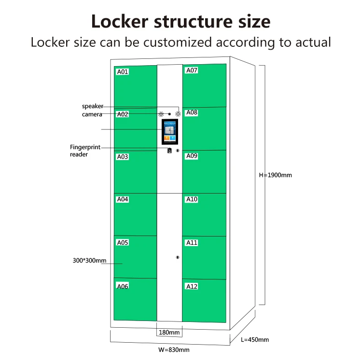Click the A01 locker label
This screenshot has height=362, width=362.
pyautogui.click(x=123, y=72)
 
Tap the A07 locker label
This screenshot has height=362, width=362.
pyautogui.click(x=192, y=70)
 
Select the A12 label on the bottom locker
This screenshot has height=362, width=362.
pyautogui.click(x=192, y=286)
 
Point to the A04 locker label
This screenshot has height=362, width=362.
pyautogui.click(x=123, y=199)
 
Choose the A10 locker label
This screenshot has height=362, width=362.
pyautogui.click(x=192, y=199)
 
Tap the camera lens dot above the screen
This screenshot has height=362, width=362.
pyautogui.click(x=169, y=114)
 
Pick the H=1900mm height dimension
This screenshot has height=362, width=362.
pyautogui.click(x=276, y=175)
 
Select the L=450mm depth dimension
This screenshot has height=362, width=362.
pyautogui.click(x=254, y=339)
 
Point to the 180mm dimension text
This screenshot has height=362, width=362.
pyautogui.click(x=169, y=333)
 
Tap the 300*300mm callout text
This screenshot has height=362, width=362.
pyautogui.click(x=89, y=261)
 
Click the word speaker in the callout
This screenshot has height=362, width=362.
pyautogui.click(x=92, y=106)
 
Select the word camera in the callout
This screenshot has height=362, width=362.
pyautogui.click(x=92, y=114)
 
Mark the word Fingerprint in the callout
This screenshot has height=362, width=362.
pyautogui.click(x=85, y=147)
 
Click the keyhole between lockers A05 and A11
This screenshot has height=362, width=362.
pyautogui.click(x=178, y=257)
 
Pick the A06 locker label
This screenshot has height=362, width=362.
pyautogui.click(x=123, y=286)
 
